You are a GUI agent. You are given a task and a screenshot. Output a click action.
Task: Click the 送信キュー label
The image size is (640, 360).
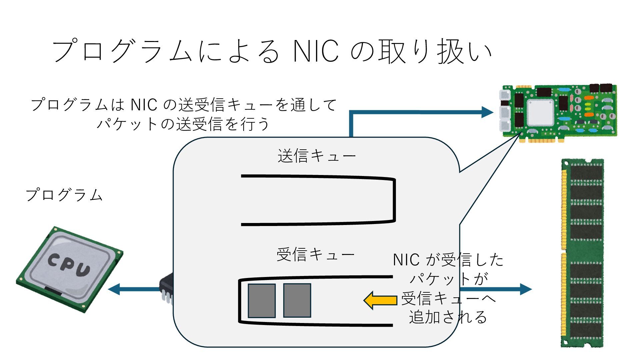[x=316, y=156]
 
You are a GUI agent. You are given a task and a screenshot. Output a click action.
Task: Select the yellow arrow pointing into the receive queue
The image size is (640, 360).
[x=380, y=300]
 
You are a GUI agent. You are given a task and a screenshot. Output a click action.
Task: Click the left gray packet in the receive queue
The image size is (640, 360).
[x=262, y=301]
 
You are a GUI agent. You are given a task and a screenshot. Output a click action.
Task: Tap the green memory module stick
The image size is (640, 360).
[x=583, y=253]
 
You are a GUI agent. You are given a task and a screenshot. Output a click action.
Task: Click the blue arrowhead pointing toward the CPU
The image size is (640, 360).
[x=114, y=289]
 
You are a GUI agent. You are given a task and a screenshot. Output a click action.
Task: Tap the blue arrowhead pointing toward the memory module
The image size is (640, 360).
[x=526, y=289]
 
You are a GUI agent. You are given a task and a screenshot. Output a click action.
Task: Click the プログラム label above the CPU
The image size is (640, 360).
[x=64, y=195]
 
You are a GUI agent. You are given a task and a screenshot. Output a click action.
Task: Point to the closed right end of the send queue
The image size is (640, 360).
[x=394, y=200]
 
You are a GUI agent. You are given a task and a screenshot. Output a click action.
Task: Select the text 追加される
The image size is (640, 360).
[x=448, y=317]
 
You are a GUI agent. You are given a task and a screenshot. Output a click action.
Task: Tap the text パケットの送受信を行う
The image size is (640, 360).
[x=183, y=124]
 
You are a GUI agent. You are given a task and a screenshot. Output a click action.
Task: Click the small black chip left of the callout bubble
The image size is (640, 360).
[x=167, y=288]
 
